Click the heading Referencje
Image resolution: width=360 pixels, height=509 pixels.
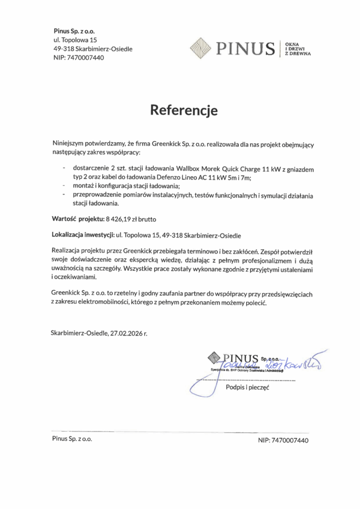pyautogui.click(x=184, y=110)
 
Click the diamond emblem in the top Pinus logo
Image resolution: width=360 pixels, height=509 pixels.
pyautogui.click(x=201, y=48)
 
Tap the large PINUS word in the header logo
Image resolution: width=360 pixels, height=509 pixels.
pyautogui.click(x=245, y=49)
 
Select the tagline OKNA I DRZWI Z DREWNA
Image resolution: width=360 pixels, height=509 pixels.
pyautogui.click(x=297, y=49)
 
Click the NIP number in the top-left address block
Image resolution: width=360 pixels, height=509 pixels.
pyautogui.click(x=86, y=58)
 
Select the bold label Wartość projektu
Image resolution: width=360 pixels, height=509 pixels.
pyautogui.click(x=78, y=218)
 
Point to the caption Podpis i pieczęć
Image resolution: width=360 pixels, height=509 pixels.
pyautogui.click(x=247, y=387)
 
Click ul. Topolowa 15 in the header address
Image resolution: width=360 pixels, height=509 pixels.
pyautogui.click(x=75, y=40)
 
